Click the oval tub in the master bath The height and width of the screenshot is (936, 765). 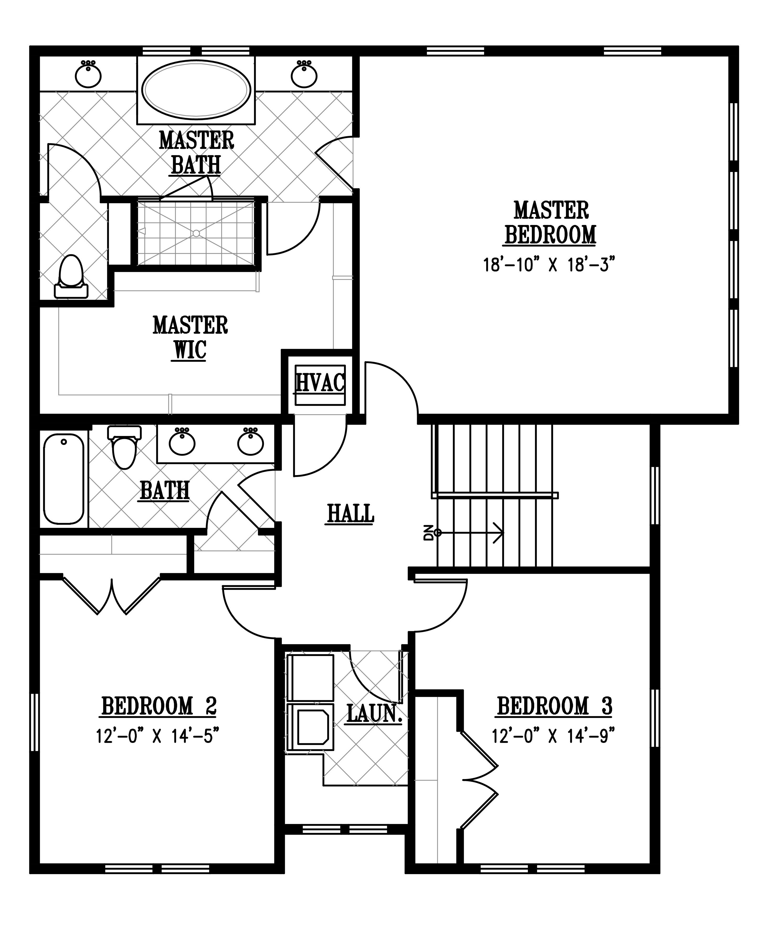point(196,90)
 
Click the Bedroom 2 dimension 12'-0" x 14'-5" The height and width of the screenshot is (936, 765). point(158,736)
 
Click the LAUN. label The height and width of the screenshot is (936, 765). point(375,714)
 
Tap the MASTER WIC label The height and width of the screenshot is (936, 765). point(190,338)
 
